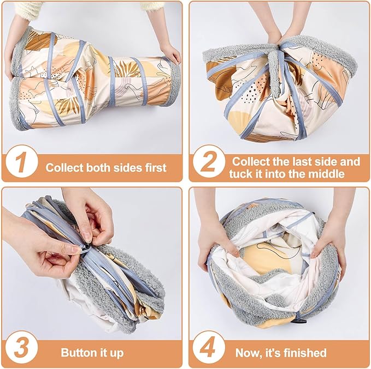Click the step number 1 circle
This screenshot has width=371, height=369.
tap(21, 161)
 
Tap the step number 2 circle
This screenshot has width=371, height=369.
tap(209, 161)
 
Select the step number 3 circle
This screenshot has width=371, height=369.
tap(21, 347)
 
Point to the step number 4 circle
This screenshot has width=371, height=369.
tap(209, 347)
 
